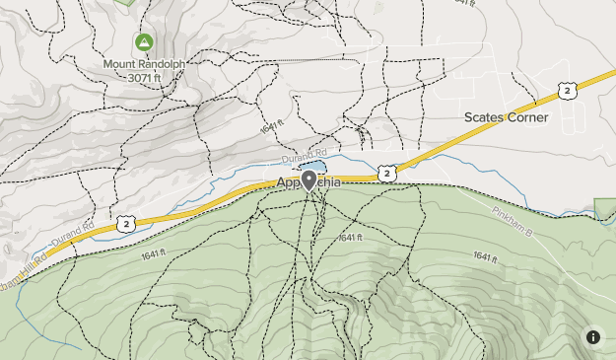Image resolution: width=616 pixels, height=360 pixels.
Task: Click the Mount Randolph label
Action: click(144, 63)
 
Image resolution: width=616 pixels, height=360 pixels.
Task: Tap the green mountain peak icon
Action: click(144, 42)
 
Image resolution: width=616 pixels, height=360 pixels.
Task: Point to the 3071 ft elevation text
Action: click(144, 76)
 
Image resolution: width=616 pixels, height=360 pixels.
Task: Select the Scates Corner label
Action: click(506, 117)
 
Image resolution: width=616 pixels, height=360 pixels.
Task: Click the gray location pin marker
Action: click(308, 180)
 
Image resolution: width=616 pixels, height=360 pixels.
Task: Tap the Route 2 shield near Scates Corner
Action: click(566, 91)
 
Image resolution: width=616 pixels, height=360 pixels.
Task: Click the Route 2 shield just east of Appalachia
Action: click(386, 174)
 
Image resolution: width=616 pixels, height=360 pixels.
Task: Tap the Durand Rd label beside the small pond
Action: click(302, 156)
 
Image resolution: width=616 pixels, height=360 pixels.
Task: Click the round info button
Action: click(592, 336)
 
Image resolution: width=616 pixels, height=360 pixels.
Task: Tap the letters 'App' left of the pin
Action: click(288, 183)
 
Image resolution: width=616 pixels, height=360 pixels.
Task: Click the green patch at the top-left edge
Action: click(124, 3)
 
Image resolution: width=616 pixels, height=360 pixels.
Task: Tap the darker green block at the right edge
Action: click(606, 208)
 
